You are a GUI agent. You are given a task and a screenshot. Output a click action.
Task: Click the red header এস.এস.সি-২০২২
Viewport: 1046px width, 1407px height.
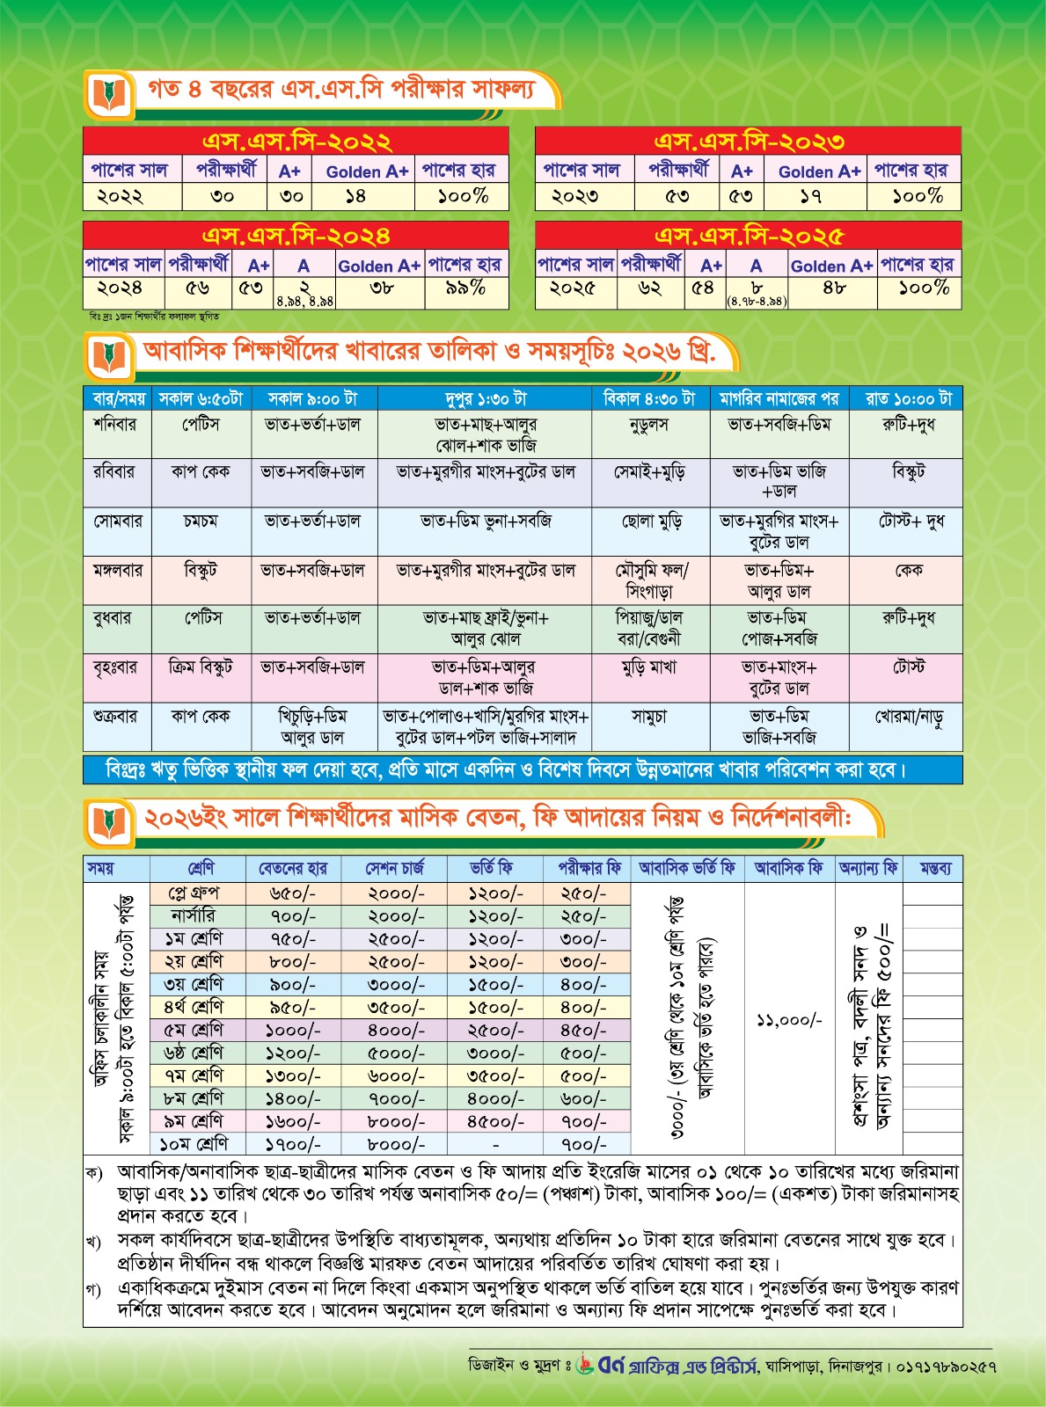coord(296,142)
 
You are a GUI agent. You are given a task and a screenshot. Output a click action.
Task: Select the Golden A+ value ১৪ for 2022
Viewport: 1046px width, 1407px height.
coord(355,196)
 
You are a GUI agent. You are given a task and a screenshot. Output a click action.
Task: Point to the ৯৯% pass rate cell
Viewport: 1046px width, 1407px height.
coord(465,288)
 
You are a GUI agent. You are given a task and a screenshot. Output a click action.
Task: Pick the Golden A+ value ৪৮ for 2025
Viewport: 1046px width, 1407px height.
coord(833,288)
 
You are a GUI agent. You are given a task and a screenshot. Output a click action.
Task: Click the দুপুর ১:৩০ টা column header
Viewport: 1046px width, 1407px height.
coord(485,398)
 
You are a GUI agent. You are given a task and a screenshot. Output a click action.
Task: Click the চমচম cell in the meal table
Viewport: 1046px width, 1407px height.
coord(201,521)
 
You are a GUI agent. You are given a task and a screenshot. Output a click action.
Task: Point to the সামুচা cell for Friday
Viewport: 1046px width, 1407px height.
coord(650,718)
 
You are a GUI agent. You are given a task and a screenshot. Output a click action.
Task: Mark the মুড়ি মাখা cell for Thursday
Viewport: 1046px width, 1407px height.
coord(650,668)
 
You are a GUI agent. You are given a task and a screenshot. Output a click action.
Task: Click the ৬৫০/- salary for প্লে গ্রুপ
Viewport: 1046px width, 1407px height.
coord(293,893)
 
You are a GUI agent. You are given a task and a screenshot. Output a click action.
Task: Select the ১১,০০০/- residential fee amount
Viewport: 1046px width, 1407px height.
coord(788,1020)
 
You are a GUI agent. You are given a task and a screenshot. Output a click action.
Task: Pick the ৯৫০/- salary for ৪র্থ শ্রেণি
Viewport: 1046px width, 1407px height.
coord(293,1008)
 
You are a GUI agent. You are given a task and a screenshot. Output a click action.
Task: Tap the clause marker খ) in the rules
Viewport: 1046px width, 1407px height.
coord(94,1241)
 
